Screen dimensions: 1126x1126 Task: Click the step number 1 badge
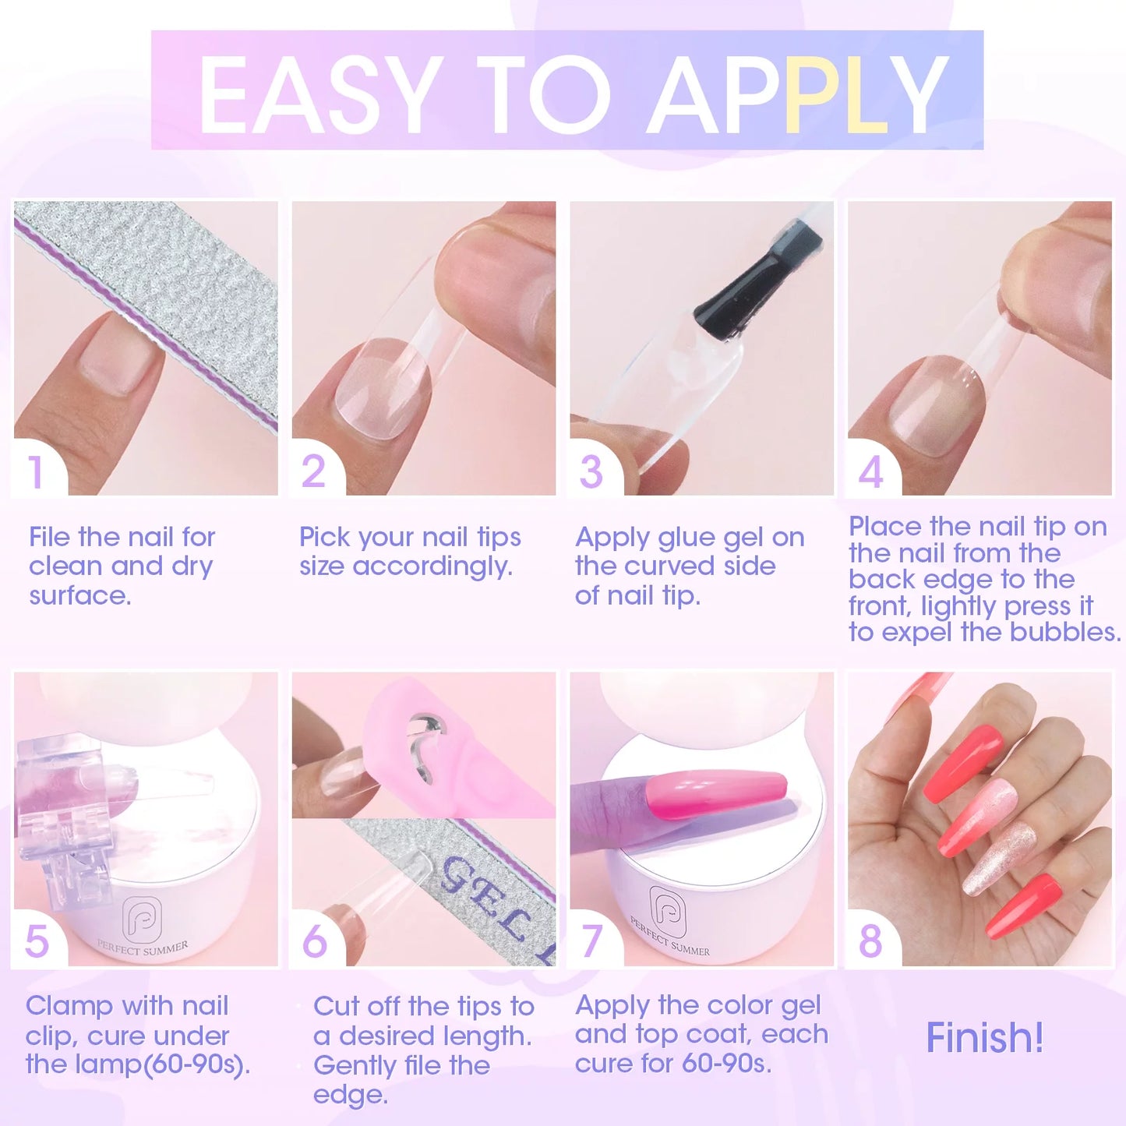(x=36, y=472)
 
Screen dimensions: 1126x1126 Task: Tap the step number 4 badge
(x=870, y=472)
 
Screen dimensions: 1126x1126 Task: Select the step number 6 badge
(x=315, y=941)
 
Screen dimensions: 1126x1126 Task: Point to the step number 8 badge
(x=870, y=941)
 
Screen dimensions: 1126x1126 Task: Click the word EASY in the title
(x=316, y=95)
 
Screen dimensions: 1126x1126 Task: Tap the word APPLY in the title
(x=799, y=95)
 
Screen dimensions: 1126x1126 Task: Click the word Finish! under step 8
(x=984, y=1038)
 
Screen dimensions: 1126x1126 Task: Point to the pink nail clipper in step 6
(x=436, y=748)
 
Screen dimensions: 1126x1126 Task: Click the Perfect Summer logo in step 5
(x=143, y=920)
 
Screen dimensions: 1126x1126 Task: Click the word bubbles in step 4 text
(x=1064, y=632)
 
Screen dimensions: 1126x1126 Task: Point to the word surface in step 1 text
(x=79, y=596)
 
